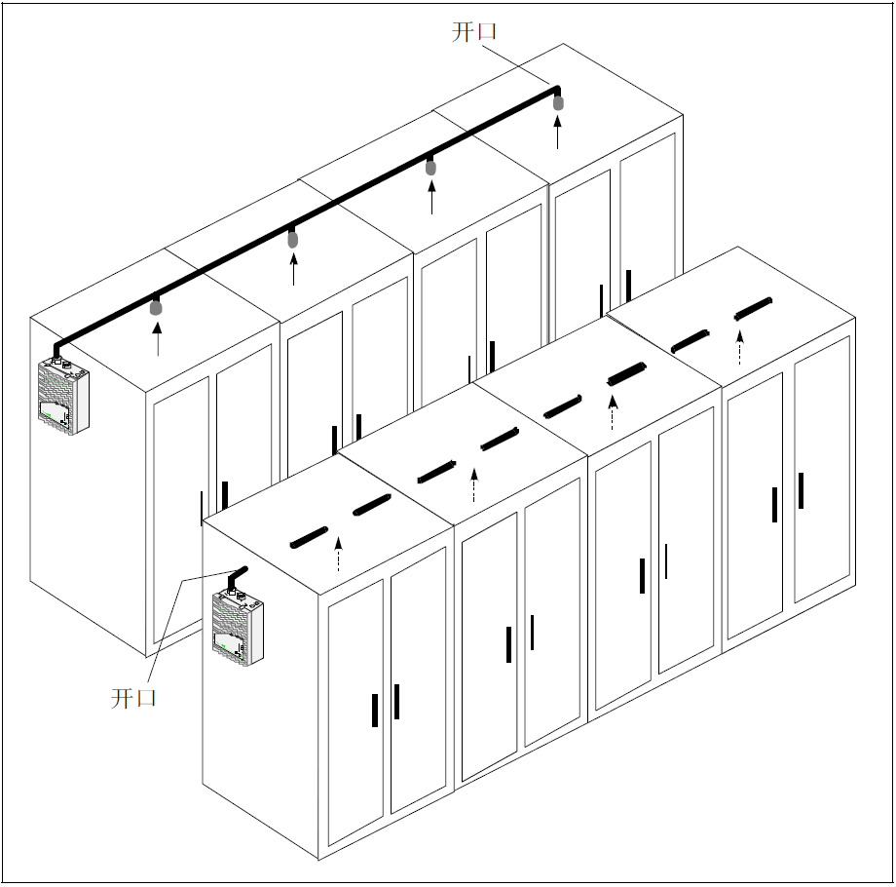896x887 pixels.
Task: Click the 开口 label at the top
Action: pos(473,31)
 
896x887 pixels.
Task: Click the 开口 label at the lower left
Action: pos(133,698)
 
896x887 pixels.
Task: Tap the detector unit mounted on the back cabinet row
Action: pos(64,395)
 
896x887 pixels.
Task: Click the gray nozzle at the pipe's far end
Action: pos(558,103)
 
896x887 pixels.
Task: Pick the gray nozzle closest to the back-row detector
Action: pos(156,308)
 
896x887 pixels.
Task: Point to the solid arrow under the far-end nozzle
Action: pos(558,132)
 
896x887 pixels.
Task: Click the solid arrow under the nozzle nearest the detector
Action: pos(157,338)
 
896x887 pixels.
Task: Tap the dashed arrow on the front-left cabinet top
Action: pos(338,554)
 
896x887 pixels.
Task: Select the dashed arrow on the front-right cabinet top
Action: pos(739,347)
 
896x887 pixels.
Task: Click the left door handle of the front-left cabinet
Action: pos(375,711)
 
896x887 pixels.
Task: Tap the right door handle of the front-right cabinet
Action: pos(802,490)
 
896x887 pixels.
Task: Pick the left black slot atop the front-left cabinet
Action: pos(309,538)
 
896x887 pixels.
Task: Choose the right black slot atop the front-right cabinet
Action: pos(753,309)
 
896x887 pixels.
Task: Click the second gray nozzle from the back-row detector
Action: pos(292,240)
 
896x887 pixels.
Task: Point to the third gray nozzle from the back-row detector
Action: pos(430,168)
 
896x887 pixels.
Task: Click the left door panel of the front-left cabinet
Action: pos(356,712)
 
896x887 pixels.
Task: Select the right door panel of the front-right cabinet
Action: pos(822,470)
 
